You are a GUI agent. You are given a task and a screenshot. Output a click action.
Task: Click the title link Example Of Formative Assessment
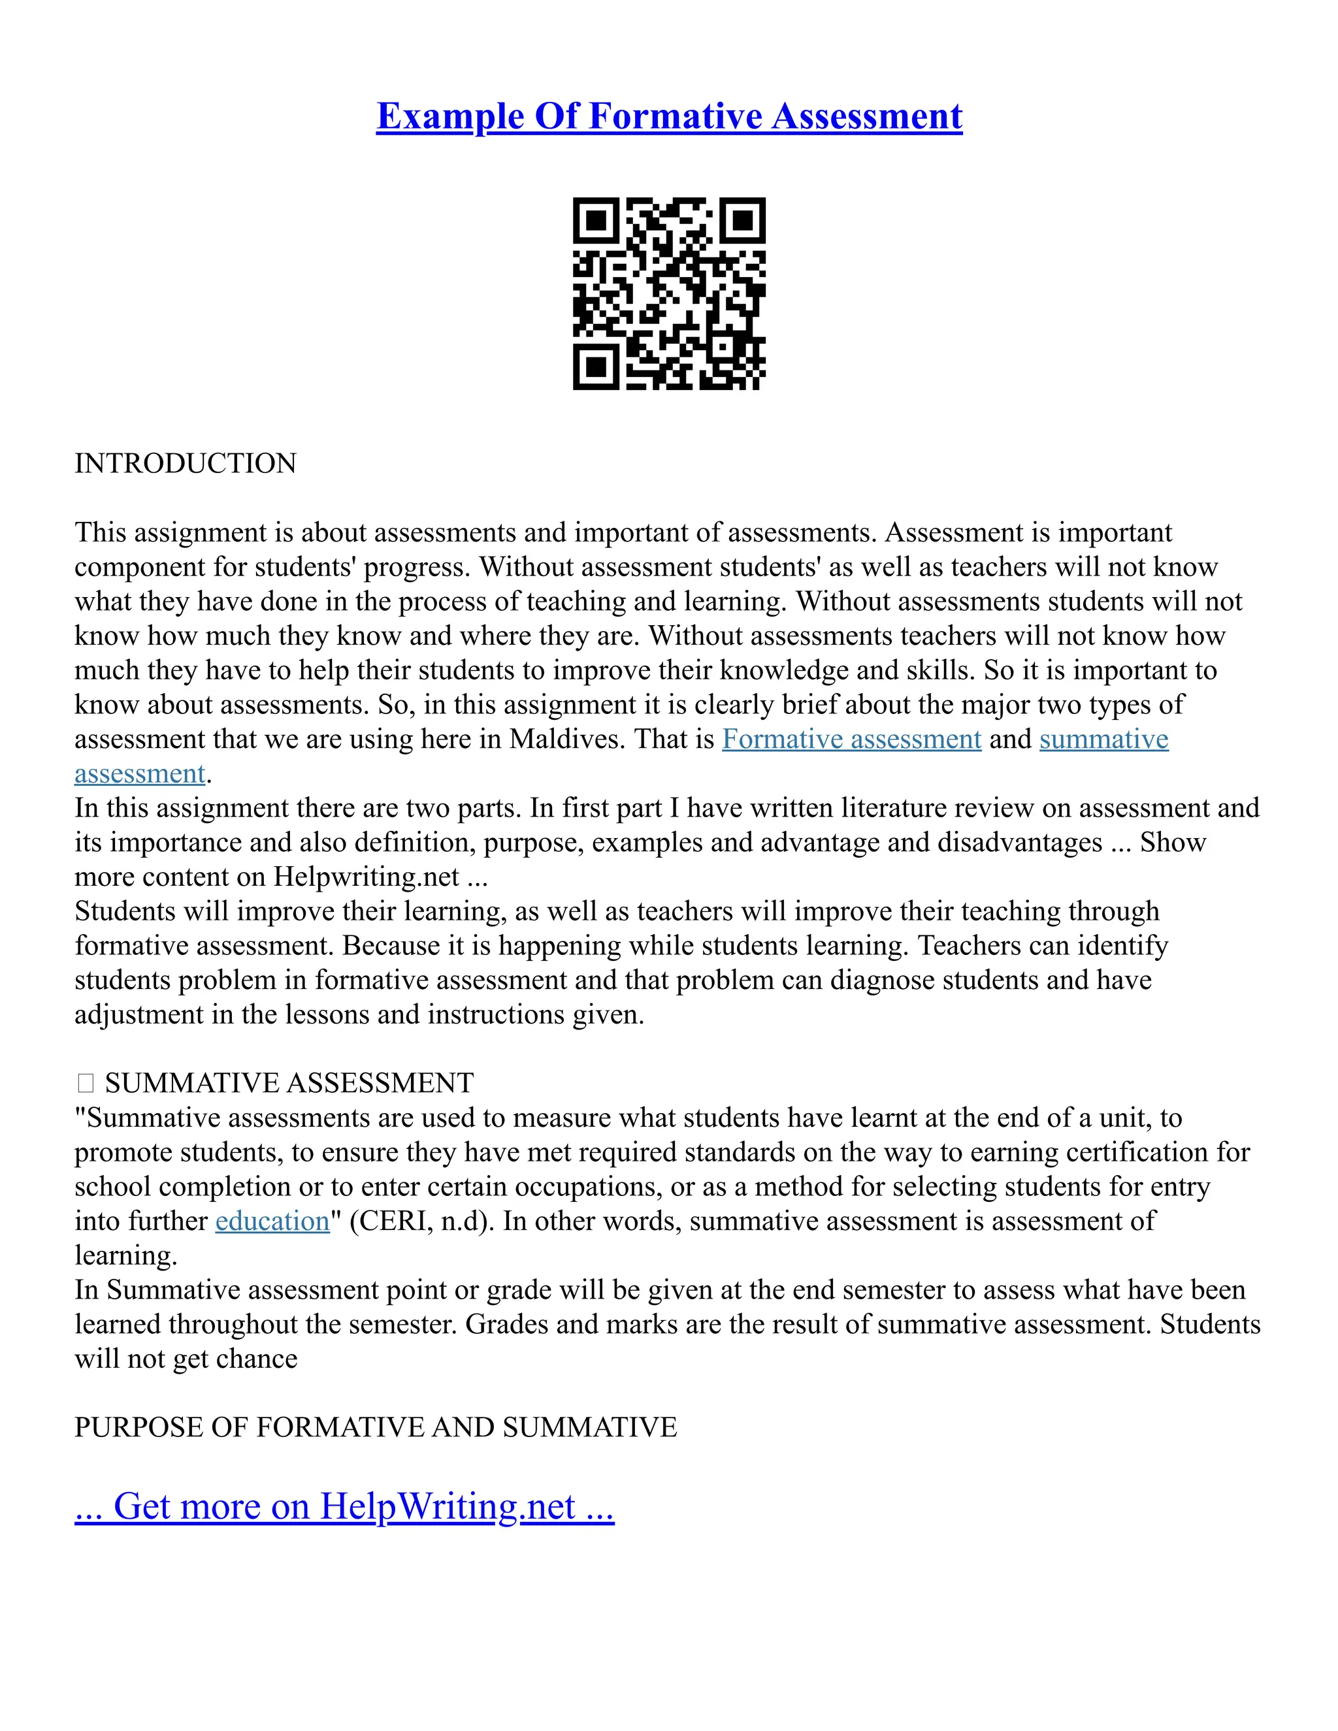[x=669, y=116]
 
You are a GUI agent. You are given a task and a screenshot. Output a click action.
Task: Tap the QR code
[x=669, y=293]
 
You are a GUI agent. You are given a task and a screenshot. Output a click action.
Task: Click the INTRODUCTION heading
[x=186, y=464]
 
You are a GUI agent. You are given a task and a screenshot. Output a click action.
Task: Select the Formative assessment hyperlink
[x=851, y=739]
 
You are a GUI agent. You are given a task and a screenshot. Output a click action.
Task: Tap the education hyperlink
[x=272, y=1221]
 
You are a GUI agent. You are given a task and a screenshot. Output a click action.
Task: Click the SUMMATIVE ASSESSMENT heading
[x=289, y=1084]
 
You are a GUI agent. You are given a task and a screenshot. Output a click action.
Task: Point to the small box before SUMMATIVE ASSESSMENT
[x=86, y=1084]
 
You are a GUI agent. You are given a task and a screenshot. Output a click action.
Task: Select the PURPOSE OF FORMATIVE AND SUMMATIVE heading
[x=376, y=1427]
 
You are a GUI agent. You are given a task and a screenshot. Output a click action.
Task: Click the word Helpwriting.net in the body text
[x=367, y=877]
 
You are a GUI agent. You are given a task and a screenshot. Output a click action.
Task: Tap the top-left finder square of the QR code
[x=595, y=219]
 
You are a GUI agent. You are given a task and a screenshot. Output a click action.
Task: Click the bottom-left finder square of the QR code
[x=595, y=367]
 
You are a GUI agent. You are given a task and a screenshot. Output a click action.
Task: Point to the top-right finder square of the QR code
[x=743, y=219]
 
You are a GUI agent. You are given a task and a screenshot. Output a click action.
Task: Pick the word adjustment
[x=139, y=1015]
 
